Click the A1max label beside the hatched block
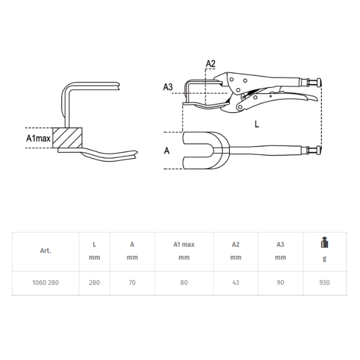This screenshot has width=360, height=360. (x=39, y=138)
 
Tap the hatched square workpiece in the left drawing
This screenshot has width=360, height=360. (x=67, y=138)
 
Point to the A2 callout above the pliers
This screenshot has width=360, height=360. (x=210, y=64)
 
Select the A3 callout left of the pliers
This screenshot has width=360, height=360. (x=168, y=87)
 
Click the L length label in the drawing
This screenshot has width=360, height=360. (x=257, y=124)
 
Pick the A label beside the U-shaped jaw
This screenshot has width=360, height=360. (x=167, y=151)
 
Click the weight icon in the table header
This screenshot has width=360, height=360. (x=325, y=242)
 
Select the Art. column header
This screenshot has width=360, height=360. (x=45, y=250)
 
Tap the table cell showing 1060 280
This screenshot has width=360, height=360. (x=45, y=282)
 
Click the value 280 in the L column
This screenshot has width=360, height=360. (x=94, y=282)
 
